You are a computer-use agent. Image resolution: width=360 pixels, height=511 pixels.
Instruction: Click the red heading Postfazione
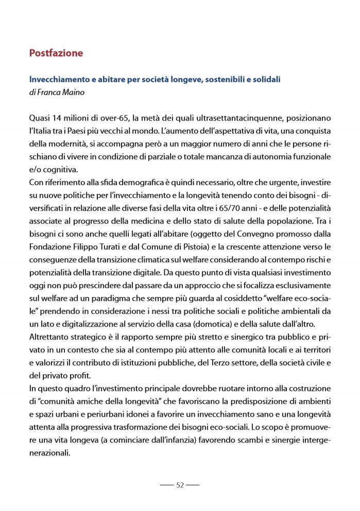pyautogui.click(x=56, y=53)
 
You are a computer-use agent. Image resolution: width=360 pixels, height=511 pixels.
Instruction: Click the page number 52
pyautogui.click(x=180, y=485)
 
